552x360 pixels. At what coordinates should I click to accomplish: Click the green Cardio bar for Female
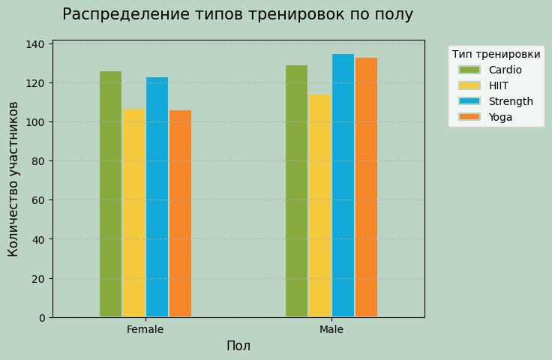coord(110,194)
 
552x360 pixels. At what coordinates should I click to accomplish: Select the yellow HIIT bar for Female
coord(133,213)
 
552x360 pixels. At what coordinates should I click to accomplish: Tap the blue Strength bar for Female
coord(157,197)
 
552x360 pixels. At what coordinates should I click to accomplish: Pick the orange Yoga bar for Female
coord(180,214)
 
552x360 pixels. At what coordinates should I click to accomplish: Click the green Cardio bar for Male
coord(296,191)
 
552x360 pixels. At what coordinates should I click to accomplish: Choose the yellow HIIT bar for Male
coord(319,205)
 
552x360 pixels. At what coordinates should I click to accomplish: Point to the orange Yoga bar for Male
coord(366,187)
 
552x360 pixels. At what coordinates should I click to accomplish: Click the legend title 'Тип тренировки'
coord(496,54)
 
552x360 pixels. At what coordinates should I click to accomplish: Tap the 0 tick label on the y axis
coord(42,318)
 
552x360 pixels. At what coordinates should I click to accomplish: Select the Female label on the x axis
coord(145,330)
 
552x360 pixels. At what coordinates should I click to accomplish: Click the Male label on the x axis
coord(331,330)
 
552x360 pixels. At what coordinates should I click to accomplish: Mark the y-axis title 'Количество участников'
coord(13,179)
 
